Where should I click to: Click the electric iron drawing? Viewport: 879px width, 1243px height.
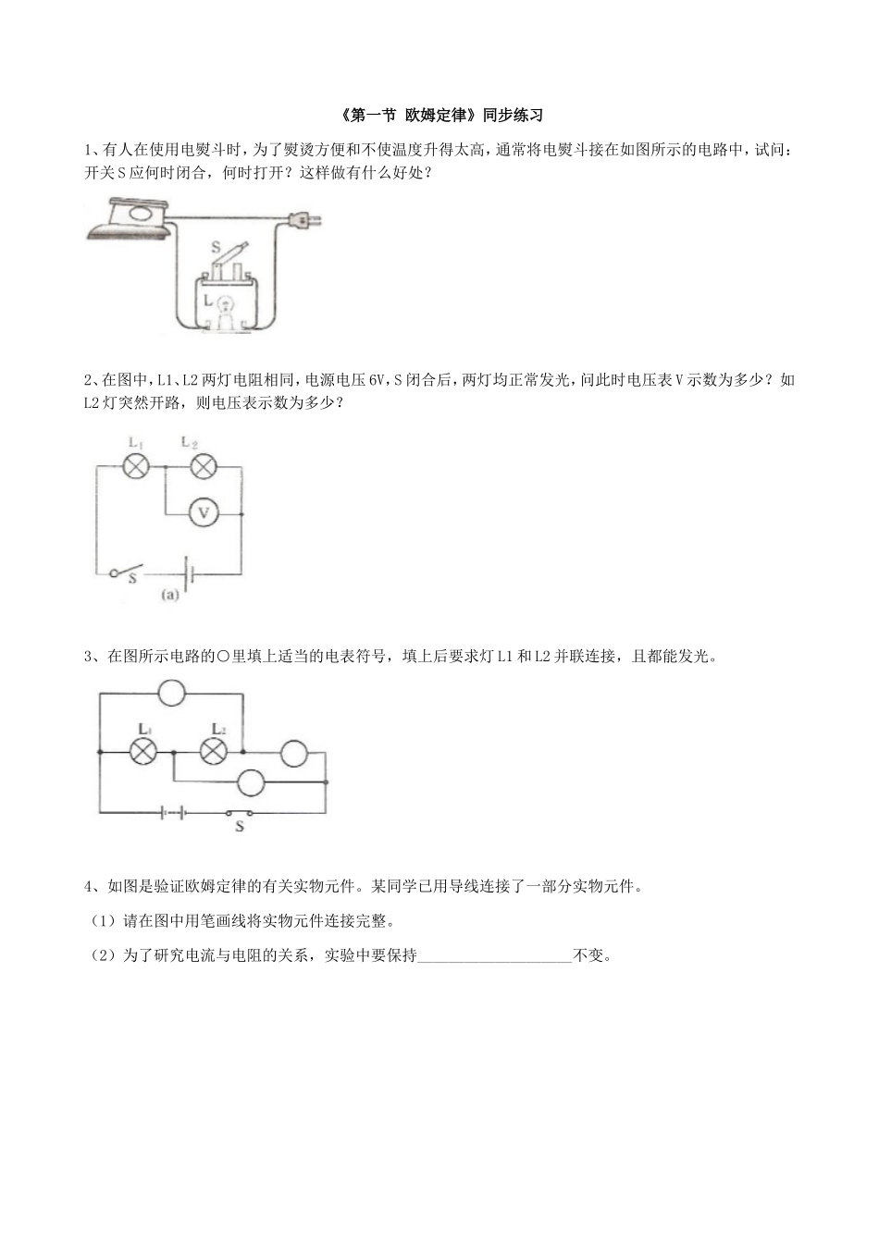(x=130, y=220)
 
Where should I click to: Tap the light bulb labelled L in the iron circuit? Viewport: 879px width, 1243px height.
(x=225, y=303)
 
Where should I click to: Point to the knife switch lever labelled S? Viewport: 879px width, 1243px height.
(x=233, y=253)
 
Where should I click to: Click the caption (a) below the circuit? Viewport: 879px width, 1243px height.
(x=169, y=597)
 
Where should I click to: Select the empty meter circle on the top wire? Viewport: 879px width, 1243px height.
(x=172, y=692)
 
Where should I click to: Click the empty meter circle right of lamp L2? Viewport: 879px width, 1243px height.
(x=294, y=753)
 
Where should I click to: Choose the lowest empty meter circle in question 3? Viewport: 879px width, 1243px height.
(x=252, y=782)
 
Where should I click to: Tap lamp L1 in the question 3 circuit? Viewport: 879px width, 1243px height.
(x=142, y=752)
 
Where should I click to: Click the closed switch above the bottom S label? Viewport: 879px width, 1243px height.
(x=240, y=813)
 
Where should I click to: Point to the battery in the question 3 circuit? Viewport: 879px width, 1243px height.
(x=173, y=813)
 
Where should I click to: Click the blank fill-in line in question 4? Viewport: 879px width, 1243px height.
(x=495, y=956)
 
